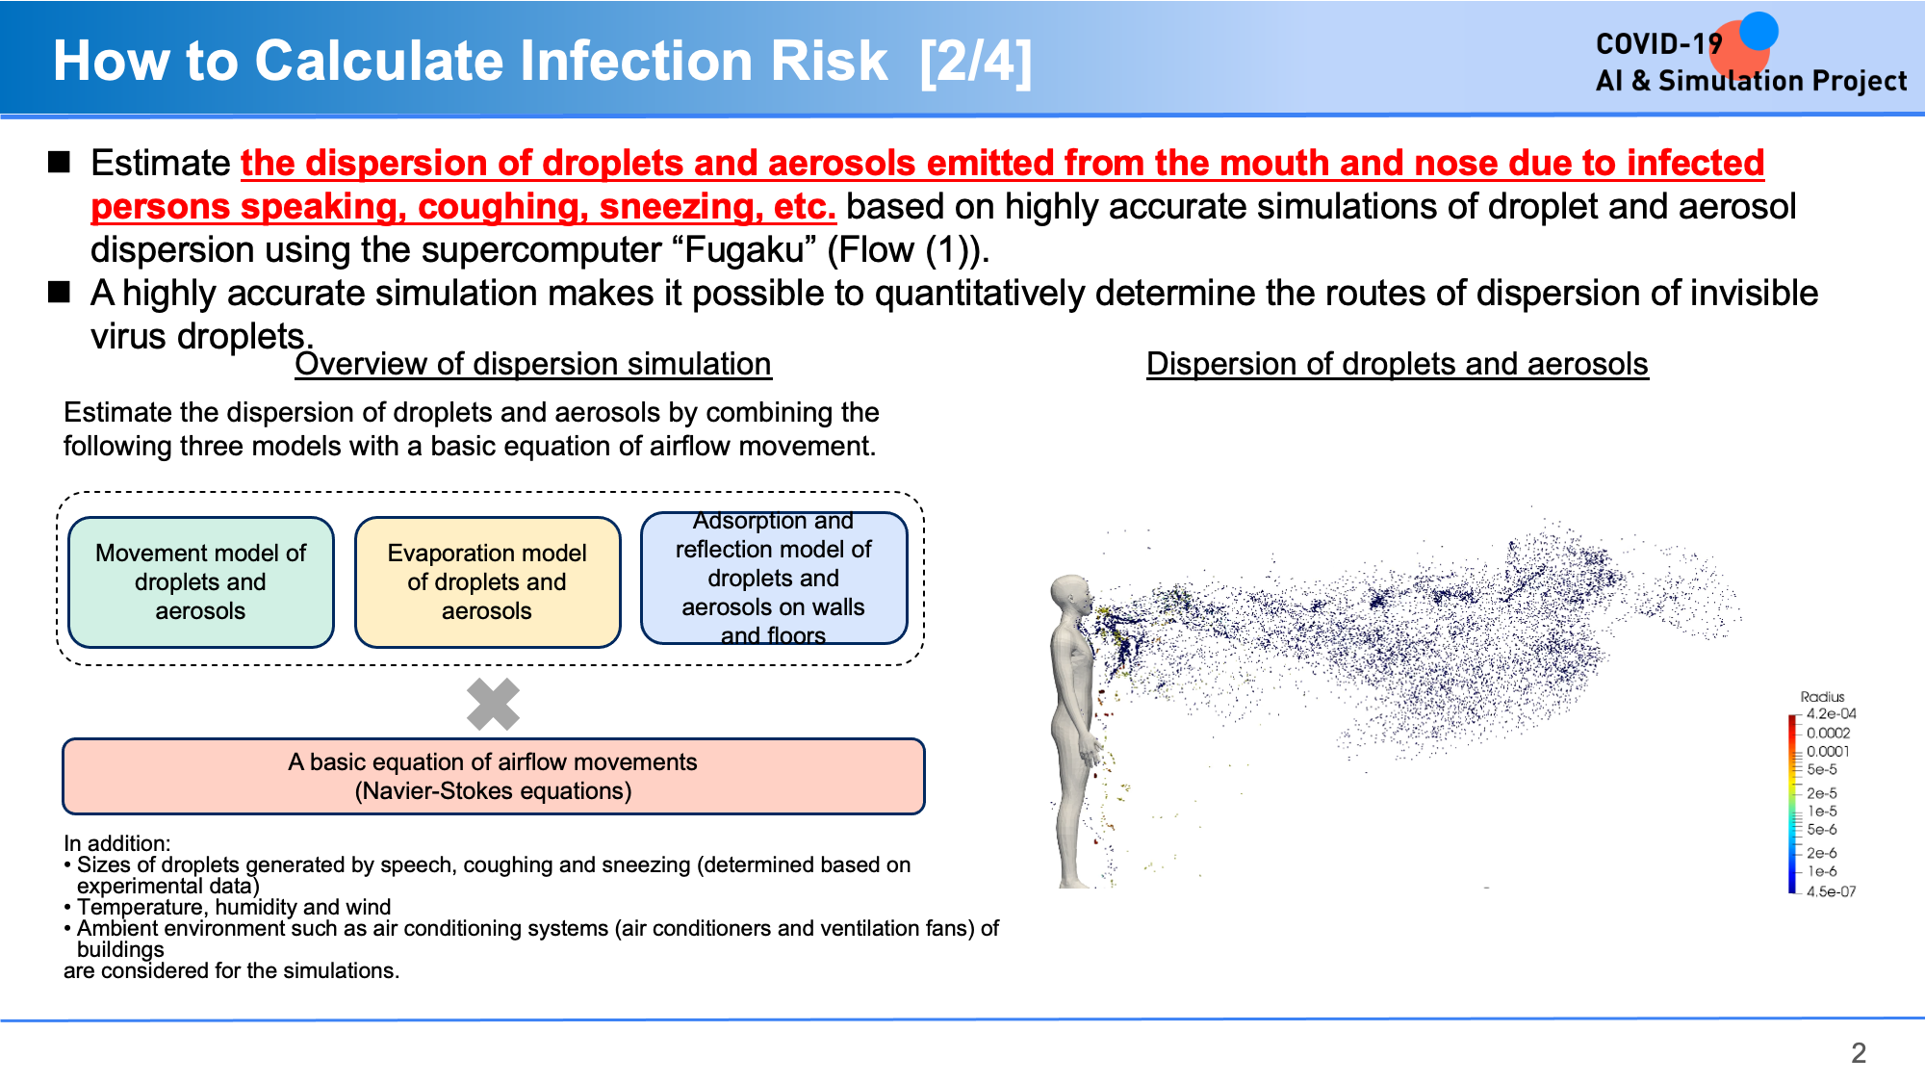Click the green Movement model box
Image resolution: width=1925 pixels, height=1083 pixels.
pyautogui.click(x=201, y=582)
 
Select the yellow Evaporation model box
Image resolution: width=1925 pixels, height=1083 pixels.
pyautogui.click(x=487, y=582)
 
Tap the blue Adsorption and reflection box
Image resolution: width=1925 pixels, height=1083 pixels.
pyautogui.click(x=774, y=579)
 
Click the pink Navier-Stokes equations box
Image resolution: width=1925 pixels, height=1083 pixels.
pyautogui.click(x=493, y=776)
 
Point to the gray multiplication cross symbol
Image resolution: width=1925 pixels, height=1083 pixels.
pyautogui.click(x=493, y=704)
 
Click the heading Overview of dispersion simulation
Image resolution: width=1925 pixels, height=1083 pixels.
pyautogui.click(x=533, y=364)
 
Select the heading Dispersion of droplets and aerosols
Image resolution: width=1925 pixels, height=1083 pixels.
pyautogui.click(x=1398, y=364)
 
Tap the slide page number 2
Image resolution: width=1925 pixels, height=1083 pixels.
pyautogui.click(x=1859, y=1052)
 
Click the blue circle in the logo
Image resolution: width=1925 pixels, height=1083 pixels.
pyautogui.click(x=1758, y=31)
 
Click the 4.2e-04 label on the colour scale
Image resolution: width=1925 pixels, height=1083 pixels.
pyautogui.click(x=1831, y=714)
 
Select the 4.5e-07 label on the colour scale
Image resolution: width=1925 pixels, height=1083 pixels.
pyautogui.click(x=1831, y=891)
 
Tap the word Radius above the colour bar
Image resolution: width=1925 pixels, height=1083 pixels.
pyautogui.click(x=1822, y=696)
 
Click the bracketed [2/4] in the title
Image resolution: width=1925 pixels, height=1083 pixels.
pyautogui.click(x=976, y=62)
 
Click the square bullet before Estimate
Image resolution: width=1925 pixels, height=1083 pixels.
pyautogui.click(x=60, y=162)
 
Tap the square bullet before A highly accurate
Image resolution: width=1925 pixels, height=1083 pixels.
pyautogui.click(x=60, y=292)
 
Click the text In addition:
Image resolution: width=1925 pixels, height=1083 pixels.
pyautogui.click(x=117, y=843)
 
